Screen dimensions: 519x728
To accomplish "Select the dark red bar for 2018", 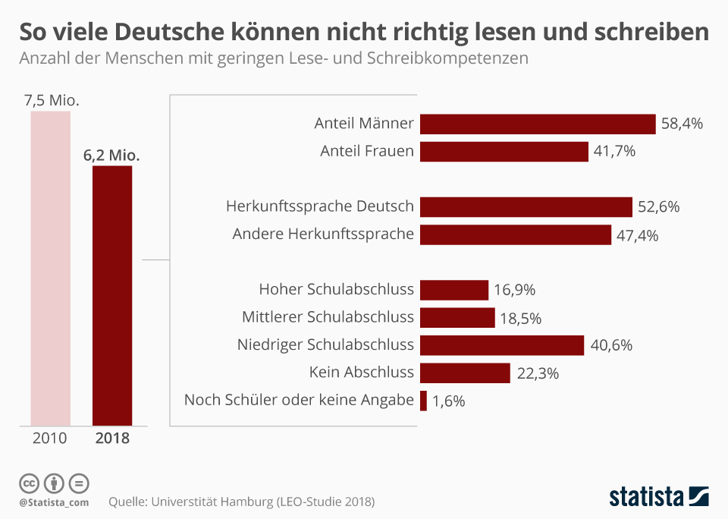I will (x=112, y=295).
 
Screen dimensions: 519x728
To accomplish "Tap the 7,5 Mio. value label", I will (x=52, y=100).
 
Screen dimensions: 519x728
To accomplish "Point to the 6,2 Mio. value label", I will (x=112, y=155).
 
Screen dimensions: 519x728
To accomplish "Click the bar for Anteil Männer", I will (x=538, y=124).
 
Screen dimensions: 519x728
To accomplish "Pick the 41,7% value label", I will (x=614, y=151).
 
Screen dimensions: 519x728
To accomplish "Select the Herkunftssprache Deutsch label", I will (x=320, y=206).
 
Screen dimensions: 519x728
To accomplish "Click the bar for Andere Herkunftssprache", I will (x=516, y=234).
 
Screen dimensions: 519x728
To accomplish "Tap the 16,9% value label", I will (x=515, y=290).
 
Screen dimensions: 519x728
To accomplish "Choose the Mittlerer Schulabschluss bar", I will (x=457, y=317).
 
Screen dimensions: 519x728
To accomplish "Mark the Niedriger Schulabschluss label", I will (x=325, y=345).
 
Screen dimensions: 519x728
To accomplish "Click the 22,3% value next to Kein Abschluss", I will (x=537, y=373).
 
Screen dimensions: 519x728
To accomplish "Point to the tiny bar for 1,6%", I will (x=423, y=401).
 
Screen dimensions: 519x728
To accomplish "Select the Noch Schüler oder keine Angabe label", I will (x=299, y=400).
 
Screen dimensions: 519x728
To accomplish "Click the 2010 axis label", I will (x=49, y=438).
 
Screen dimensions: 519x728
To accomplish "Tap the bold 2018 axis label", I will (x=112, y=438).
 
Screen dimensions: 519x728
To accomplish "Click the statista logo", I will (x=658, y=497).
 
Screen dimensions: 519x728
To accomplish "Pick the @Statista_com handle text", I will (x=54, y=502).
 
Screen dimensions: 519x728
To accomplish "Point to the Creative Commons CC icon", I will (x=29, y=483).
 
